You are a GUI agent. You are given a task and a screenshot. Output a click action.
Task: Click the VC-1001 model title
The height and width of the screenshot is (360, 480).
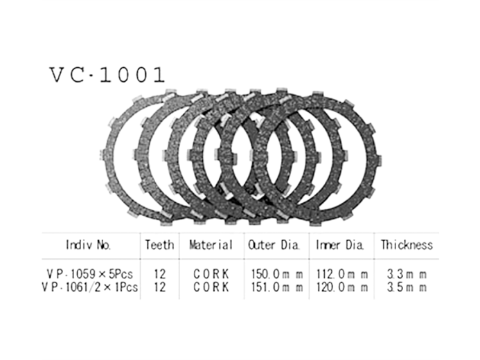click(106, 74)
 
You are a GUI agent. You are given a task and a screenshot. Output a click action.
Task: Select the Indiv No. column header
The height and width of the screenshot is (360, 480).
click(88, 245)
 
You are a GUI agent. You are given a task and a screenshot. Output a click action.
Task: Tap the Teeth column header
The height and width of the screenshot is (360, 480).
click(159, 245)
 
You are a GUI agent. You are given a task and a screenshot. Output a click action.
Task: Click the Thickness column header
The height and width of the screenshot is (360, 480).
click(407, 245)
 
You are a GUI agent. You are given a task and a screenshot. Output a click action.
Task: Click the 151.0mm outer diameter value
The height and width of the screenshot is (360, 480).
click(275, 287)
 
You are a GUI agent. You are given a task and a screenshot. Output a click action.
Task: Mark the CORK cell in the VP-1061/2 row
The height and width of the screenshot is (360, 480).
click(212, 287)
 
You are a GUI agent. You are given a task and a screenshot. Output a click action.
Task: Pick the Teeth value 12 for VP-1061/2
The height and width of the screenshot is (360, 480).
click(160, 287)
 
